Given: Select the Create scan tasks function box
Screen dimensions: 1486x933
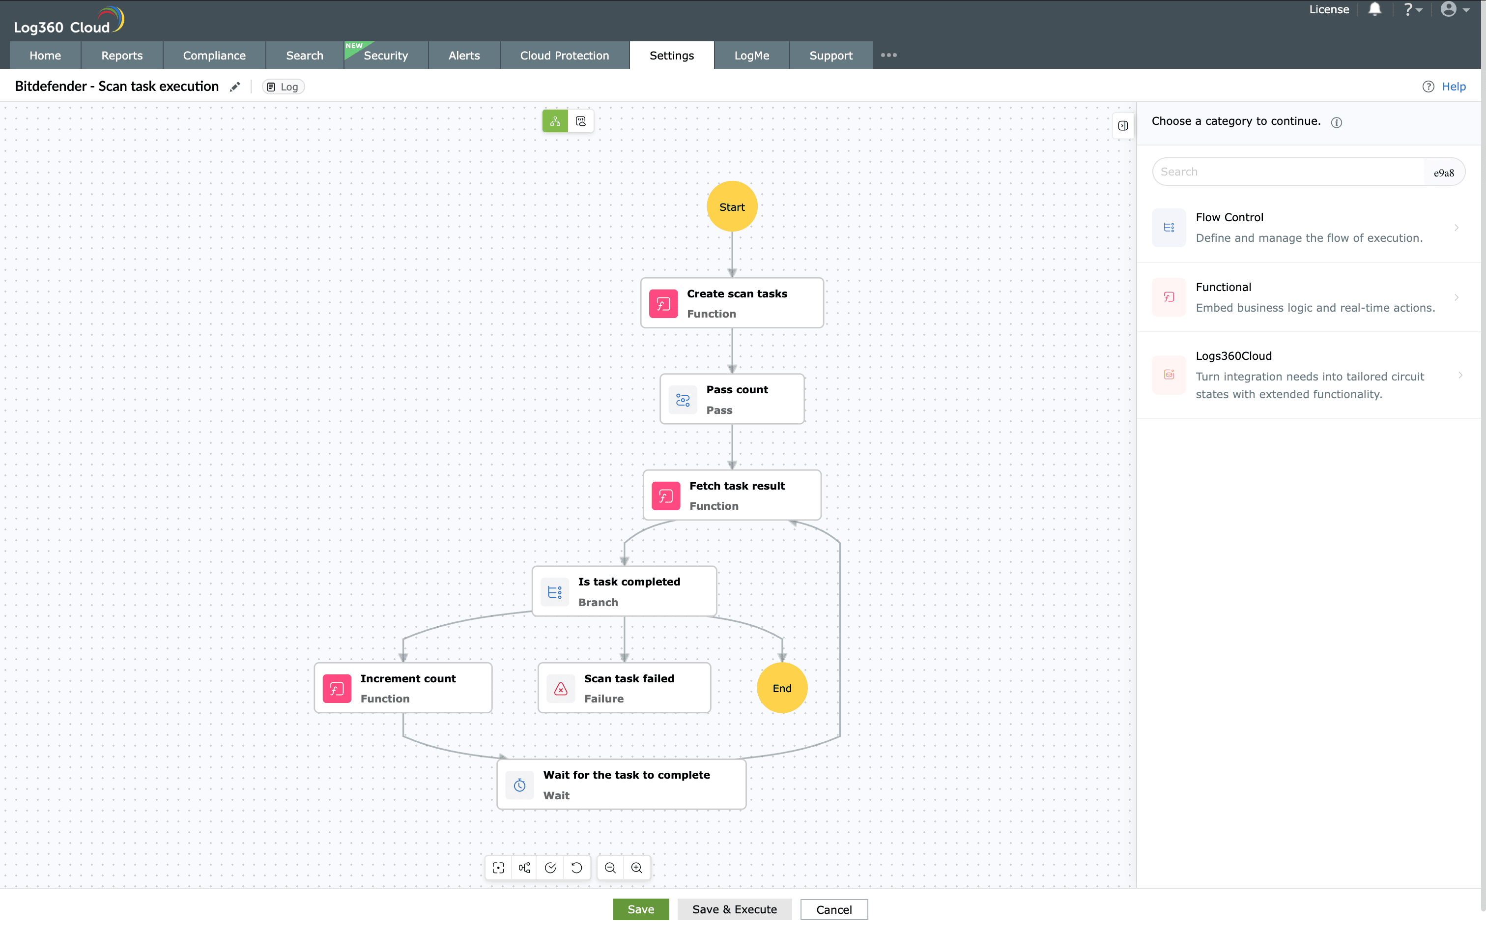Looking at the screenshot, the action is [732, 302].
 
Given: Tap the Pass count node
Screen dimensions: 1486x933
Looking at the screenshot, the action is [732, 399].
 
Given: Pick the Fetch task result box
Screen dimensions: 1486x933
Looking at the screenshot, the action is [732, 495].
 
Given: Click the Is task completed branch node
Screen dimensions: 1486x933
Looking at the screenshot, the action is [624, 591].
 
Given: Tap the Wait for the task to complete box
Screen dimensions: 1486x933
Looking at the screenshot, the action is [621, 784].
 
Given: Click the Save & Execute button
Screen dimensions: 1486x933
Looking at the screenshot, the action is [734, 909].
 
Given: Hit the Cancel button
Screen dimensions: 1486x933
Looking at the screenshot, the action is [833, 909].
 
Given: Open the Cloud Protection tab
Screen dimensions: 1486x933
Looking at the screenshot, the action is [564, 55].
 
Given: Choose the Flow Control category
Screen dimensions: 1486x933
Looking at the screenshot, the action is [1308, 228].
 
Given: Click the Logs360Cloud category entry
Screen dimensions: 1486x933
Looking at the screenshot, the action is [1308, 375].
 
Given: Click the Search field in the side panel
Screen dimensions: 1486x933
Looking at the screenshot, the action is [1289, 172].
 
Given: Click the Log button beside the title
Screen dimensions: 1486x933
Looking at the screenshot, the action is [283, 87].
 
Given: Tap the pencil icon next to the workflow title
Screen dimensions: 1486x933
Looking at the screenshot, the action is [235, 87].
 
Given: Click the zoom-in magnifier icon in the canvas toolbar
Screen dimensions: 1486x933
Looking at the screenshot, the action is [636, 868].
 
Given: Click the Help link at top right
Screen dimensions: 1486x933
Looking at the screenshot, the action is [1453, 87].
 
